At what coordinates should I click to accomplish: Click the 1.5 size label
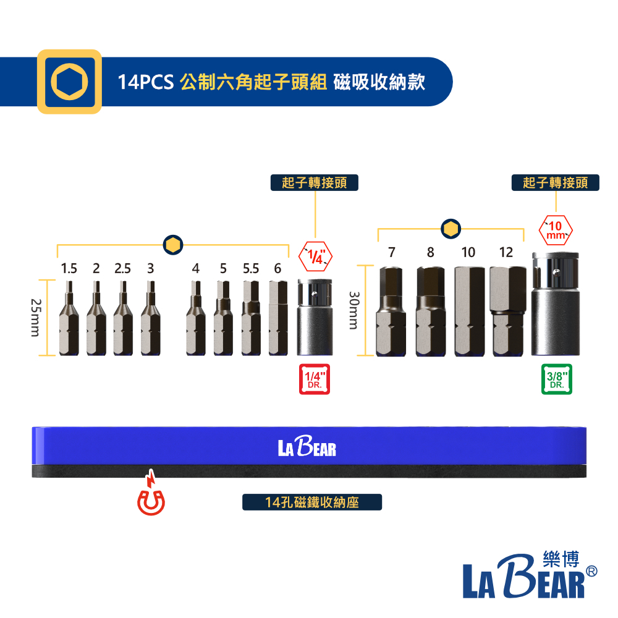coord(69,268)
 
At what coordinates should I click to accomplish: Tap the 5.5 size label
coord(251,268)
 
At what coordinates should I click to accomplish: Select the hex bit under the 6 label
coord(278,318)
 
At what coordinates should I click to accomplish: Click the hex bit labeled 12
coord(507,311)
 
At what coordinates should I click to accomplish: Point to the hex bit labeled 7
coord(391,311)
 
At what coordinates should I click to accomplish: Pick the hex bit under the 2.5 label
coord(123,318)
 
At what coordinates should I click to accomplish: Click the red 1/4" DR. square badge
coord(315,379)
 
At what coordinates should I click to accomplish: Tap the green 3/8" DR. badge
coord(557,379)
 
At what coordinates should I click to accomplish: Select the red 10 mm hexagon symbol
coord(556,231)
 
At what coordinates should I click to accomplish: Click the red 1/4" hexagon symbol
coord(315,256)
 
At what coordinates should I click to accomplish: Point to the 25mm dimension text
coord(35,318)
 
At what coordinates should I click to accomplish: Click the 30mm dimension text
coord(354,310)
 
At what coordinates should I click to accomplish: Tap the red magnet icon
coord(151,493)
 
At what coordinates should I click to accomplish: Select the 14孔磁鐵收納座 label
coord(311,502)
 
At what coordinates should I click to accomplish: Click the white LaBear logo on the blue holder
coord(307,446)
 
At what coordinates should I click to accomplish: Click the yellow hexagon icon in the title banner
coord(69,82)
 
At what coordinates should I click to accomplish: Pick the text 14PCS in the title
coord(145,82)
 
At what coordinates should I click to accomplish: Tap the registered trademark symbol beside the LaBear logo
coord(591,571)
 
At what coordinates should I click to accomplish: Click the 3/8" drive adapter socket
coord(556,304)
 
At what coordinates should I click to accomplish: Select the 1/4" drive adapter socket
coord(315,317)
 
